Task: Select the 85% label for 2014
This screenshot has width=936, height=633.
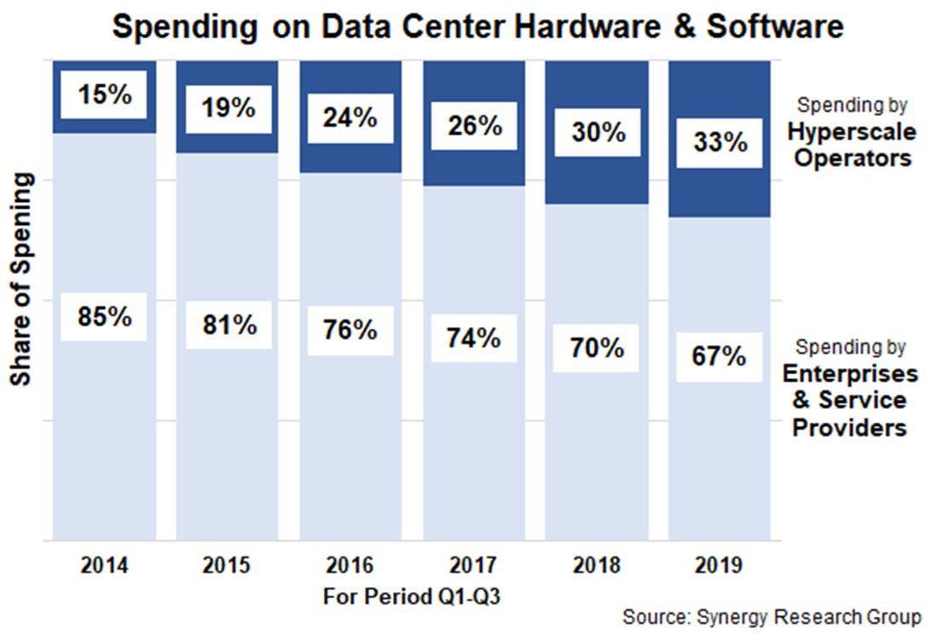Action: pyautogui.click(x=104, y=317)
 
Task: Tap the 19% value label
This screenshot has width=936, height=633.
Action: pyautogui.click(x=228, y=109)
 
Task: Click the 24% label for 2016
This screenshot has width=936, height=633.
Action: pyautogui.click(x=350, y=118)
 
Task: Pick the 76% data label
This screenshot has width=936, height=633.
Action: pyautogui.click(x=350, y=331)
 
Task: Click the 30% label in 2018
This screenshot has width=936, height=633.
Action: pyautogui.click(x=596, y=132)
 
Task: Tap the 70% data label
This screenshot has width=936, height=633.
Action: pyautogui.click(x=596, y=348)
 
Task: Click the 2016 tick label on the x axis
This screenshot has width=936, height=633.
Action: pyautogui.click(x=350, y=565)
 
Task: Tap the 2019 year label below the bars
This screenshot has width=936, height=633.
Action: pyautogui.click(x=719, y=565)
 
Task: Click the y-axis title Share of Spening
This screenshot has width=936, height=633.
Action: pyautogui.click(x=22, y=279)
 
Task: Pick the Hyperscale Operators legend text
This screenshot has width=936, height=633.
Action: pyautogui.click(x=851, y=145)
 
